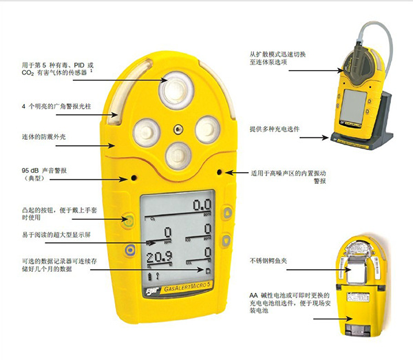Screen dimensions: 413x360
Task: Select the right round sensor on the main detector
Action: (206, 127)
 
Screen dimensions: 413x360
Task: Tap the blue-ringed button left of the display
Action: (128, 250)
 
